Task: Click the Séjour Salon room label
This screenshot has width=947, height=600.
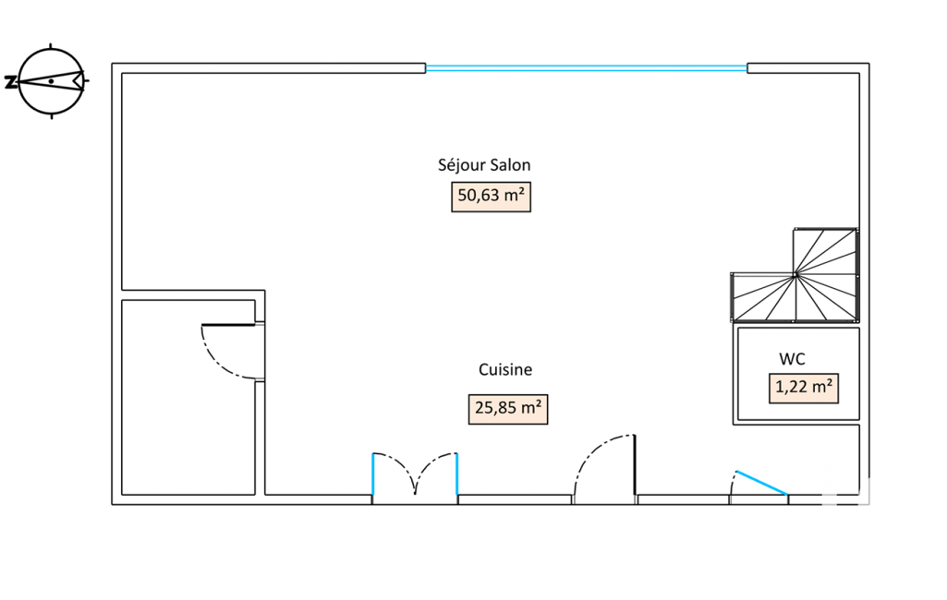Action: pyautogui.click(x=484, y=166)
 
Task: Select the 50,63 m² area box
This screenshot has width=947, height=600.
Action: pyautogui.click(x=491, y=197)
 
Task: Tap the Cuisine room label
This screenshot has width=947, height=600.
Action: pyautogui.click(x=505, y=370)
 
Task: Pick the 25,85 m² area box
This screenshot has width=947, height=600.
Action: pyautogui.click(x=507, y=407)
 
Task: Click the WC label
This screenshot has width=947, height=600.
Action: pyautogui.click(x=791, y=357)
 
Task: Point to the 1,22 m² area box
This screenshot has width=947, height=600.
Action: pyautogui.click(x=804, y=388)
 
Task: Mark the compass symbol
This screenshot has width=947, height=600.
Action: pyautogui.click(x=52, y=80)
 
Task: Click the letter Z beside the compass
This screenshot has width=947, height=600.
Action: pyautogui.click(x=10, y=81)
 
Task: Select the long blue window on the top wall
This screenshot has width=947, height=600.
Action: pyautogui.click(x=586, y=67)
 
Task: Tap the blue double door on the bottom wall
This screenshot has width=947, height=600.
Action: pyautogui.click(x=415, y=475)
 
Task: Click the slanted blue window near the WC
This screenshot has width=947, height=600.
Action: pyautogui.click(x=760, y=483)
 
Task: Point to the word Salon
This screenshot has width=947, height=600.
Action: pyautogui.click(x=509, y=166)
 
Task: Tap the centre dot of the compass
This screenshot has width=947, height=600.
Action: pyautogui.click(x=52, y=81)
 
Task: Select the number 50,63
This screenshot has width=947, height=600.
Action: pyautogui.click(x=480, y=197)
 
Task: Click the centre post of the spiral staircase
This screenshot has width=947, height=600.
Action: pyautogui.click(x=795, y=273)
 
